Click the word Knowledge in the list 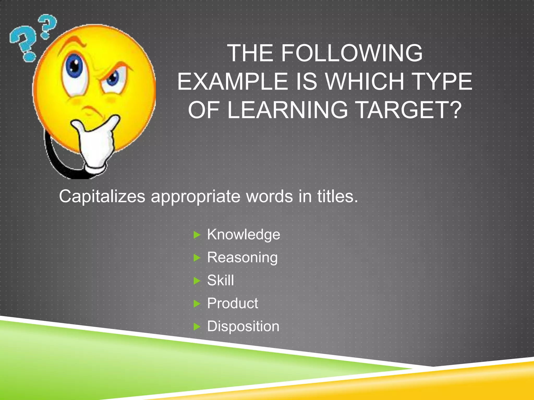pyautogui.click(x=244, y=235)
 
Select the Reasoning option pyautogui.click(x=242, y=258)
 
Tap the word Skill pyautogui.click(x=220, y=280)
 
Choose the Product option pyautogui.click(x=232, y=303)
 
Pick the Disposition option pyautogui.click(x=243, y=326)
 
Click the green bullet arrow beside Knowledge pyautogui.click(x=197, y=235)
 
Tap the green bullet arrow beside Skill pyautogui.click(x=197, y=281)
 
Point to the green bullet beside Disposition pyautogui.click(x=197, y=327)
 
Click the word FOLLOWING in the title pyautogui.click(x=351, y=53)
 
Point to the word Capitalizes pyautogui.click(x=102, y=197)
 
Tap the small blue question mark pyautogui.click(x=47, y=26)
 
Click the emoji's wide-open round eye pyautogui.click(x=75, y=65)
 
